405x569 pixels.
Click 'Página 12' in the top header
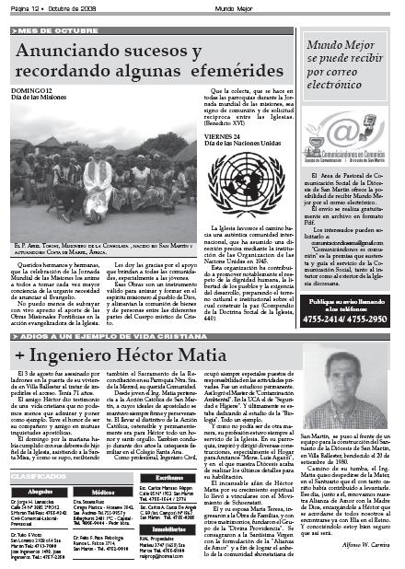22,7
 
